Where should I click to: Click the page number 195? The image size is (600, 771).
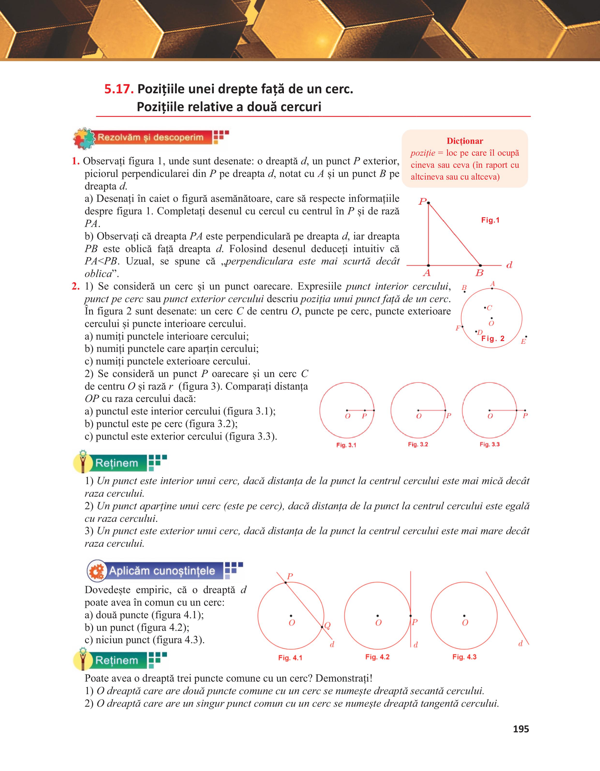[x=521, y=729]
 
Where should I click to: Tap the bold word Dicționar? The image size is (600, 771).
[x=465, y=141]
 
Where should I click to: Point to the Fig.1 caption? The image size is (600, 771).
[x=490, y=220]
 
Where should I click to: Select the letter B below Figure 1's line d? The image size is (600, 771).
[x=479, y=273]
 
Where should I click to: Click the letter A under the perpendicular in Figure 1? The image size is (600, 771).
[x=427, y=273]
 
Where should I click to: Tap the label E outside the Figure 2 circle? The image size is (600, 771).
[x=523, y=341]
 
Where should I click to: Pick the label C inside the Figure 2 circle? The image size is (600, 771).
[x=489, y=308]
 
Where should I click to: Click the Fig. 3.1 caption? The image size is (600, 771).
[x=346, y=445]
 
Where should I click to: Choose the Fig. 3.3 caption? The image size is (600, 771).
[x=489, y=444]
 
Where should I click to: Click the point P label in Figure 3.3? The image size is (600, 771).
[x=525, y=416]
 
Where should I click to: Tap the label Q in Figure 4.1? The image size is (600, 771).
[x=327, y=626]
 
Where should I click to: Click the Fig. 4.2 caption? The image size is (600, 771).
[x=377, y=657]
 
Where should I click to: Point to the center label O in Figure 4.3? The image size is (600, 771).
[x=465, y=623]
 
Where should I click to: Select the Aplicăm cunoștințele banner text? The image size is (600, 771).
[x=162, y=571]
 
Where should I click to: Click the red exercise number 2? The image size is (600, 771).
[x=75, y=286]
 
